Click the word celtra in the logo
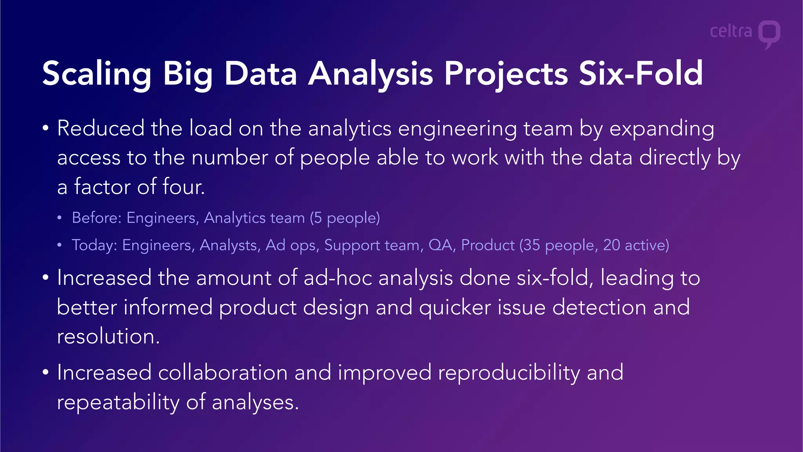coord(731,31)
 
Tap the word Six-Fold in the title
coord(641,73)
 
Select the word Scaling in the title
coord(96,73)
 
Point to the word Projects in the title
coord(506,73)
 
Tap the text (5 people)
coord(345,218)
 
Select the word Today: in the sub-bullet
coord(94,245)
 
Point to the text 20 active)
coord(636,245)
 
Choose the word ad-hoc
coord(338,278)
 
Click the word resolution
coord(108,337)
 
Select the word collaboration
coord(223,372)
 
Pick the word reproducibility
coord(509,372)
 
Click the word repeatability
coord(118,402)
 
